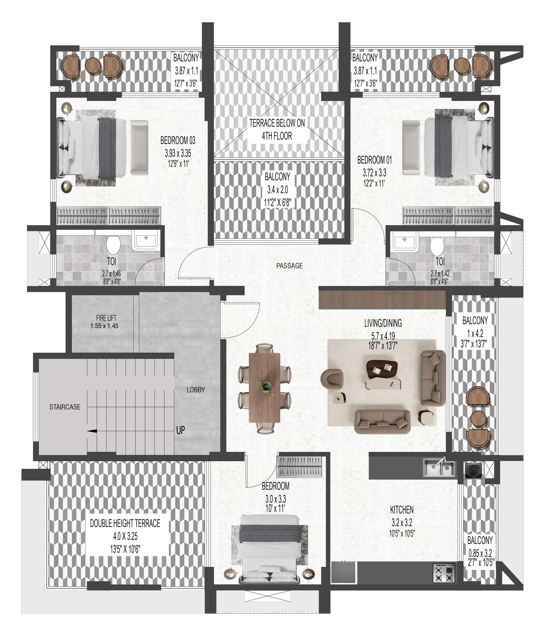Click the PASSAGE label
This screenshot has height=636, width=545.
pos(289,266)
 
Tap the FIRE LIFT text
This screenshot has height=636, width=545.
pos(106,318)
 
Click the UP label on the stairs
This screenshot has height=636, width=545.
pos(180,430)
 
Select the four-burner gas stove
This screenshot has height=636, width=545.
pos(444,573)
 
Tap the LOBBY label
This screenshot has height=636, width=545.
pos(196,390)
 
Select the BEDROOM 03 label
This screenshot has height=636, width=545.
pos(178,141)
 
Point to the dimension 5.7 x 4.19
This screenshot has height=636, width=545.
pos(383,336)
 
